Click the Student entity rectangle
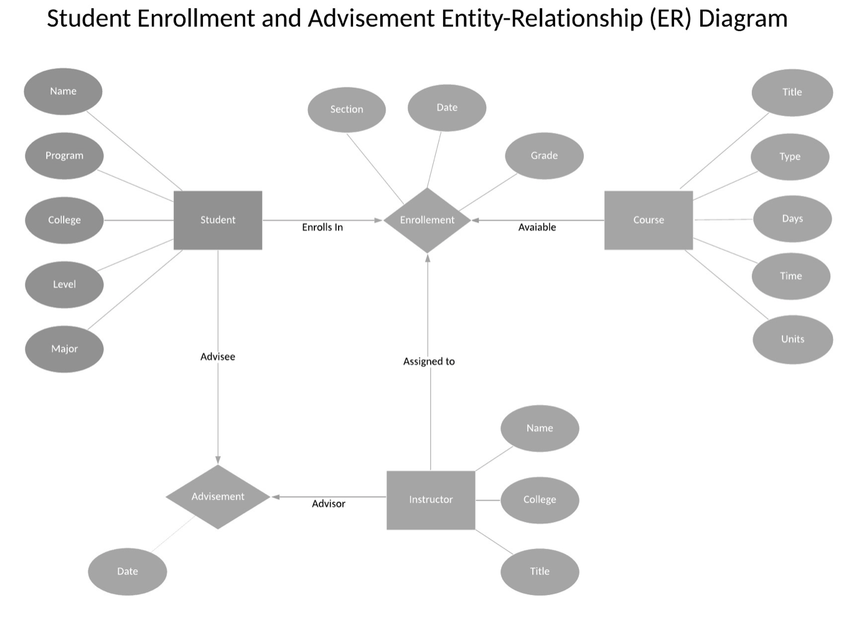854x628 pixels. coord(218,220)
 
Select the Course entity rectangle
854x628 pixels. coord(648,220)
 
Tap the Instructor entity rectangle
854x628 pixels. coord(431,500)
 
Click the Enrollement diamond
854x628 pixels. coord(427,220)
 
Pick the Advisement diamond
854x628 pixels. coord(218,497)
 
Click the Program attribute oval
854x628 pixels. coord(64,156)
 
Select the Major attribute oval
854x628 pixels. coord(64,349)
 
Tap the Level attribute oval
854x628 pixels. coord(64,284)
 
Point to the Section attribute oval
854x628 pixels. coord(347,110)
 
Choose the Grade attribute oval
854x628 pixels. coord(544,156)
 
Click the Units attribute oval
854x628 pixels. coord(792,339)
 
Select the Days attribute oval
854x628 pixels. coord(792,219)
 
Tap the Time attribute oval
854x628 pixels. coord(791,276)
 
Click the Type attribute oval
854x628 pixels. coord(790,156)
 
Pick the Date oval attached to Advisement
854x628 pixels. coord(127,571)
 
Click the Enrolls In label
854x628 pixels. coord(322,227)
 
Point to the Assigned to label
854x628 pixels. coord(429,361)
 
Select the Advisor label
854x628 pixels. coord(328,504)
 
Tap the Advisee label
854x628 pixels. coord(218,357)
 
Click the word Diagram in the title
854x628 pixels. coord(743,19)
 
